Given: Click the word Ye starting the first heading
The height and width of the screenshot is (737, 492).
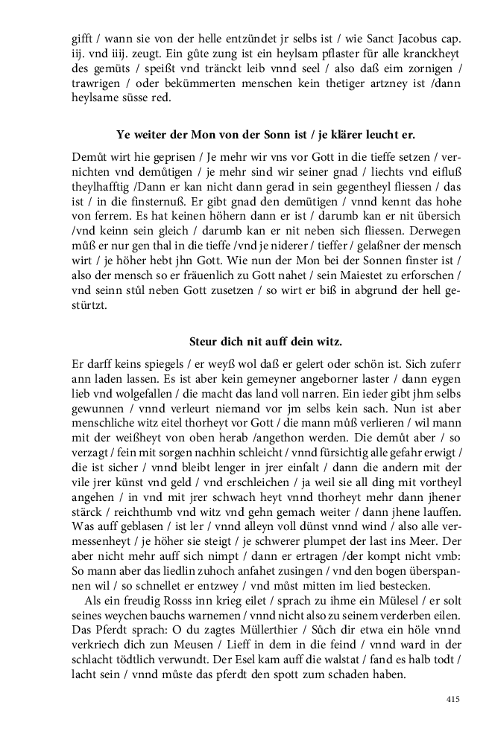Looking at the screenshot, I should coord(124,135).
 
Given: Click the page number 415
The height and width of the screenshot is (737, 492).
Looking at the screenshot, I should coord(452,699).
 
